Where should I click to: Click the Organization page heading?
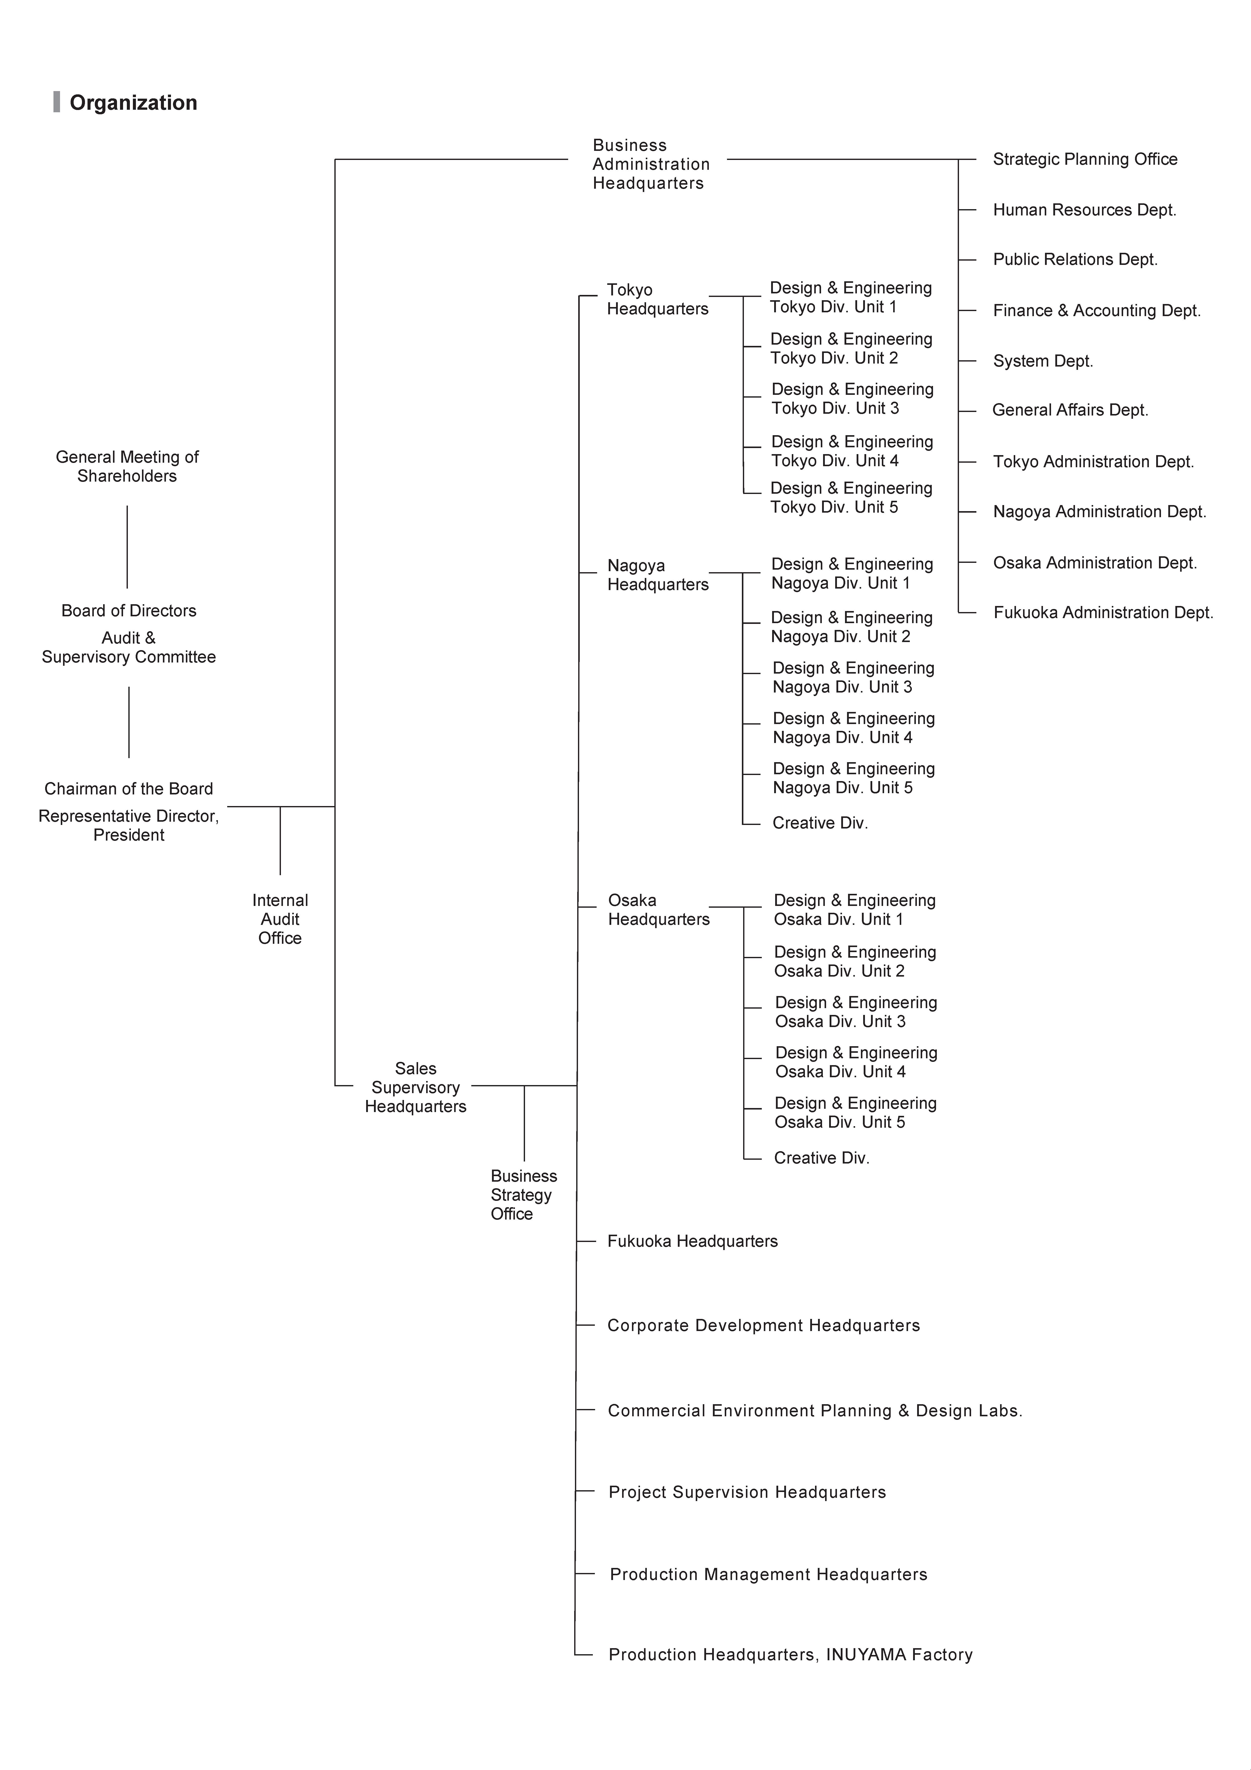tap(133, 102)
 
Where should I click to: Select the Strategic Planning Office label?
tap(1085, 160)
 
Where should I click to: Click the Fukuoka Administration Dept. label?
tap(1103, 613)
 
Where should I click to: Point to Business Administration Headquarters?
tap(651, 164)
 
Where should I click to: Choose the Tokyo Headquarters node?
tap(657, 299)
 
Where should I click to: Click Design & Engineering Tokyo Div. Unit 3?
tap(853, 399)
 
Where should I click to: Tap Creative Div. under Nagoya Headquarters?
tap(820, 823)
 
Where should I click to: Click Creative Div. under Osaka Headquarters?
tap(822, 1158)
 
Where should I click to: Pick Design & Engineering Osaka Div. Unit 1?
tap(855, 910)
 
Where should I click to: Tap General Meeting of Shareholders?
tap(127, 466)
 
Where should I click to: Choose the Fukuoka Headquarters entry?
tap(692, 1241)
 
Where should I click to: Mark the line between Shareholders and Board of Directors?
tap(127, 547)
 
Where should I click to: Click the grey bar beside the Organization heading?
tap(56, 102)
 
